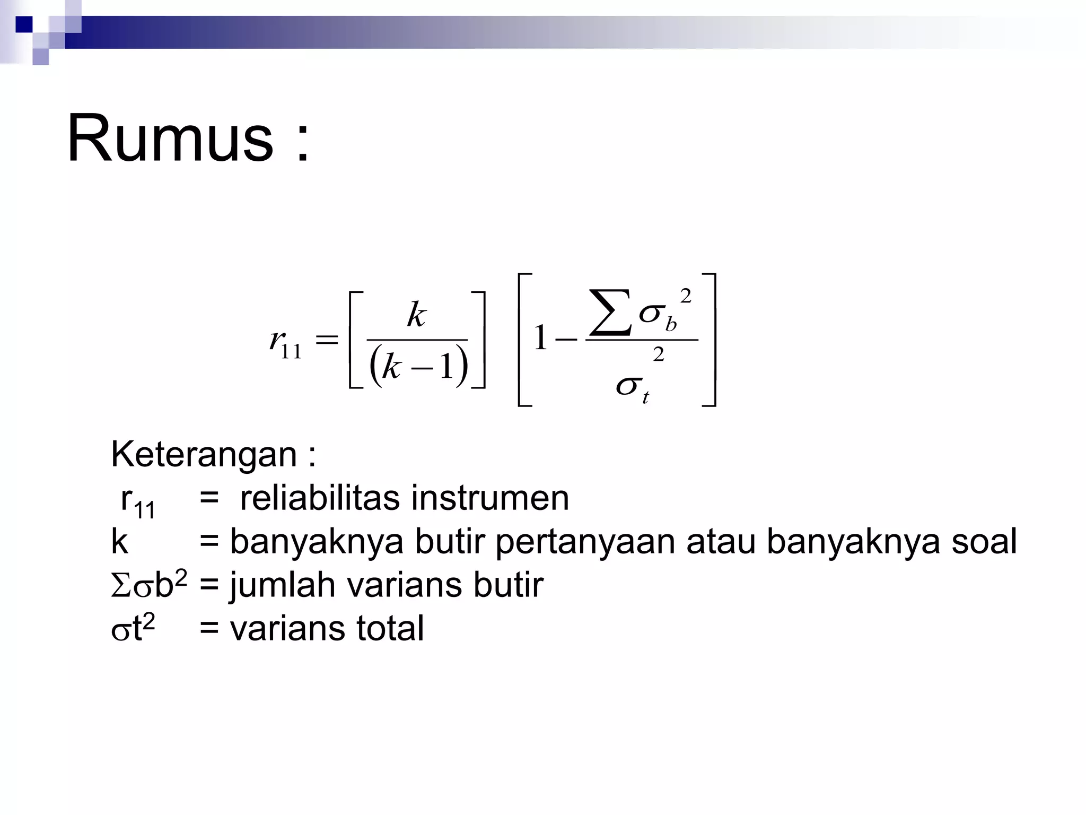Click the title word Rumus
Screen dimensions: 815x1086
[170, 139]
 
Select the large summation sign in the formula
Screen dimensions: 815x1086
[610, 313]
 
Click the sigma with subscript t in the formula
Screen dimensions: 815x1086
[631, 387]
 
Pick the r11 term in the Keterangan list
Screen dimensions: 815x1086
[137, 501]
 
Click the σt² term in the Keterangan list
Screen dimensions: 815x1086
[133, 629]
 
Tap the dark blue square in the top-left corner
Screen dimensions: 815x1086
[24, 24]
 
